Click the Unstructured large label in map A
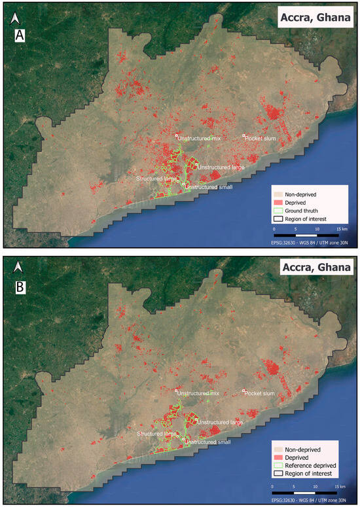tap(221, 168)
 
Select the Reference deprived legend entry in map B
tap(304, 464)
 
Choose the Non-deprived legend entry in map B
tap(302, 449)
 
